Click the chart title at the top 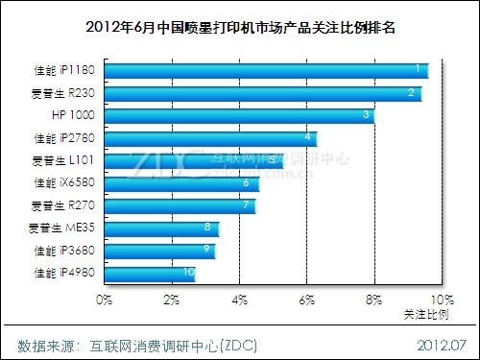[x=240, y=26]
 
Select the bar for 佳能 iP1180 [x=264, y=70]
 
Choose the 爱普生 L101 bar [x=192, y=160]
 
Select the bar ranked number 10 [x=150, y=274]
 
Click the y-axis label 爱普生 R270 [x=63, y=205]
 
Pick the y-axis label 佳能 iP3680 [x=63, y=251]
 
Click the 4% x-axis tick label [x=238, y=300]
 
